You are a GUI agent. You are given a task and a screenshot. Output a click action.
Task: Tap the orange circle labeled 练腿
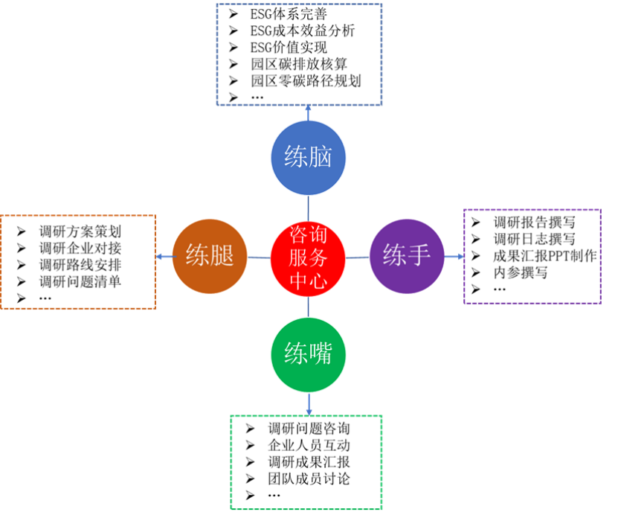point(210,257)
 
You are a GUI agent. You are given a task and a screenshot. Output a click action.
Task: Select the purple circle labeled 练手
point(406,255)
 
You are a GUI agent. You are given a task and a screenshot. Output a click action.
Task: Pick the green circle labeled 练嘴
point(307,354)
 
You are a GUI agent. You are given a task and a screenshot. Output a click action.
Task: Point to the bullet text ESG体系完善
point(288,13)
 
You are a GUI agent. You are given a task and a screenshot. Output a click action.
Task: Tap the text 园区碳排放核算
point(299,65)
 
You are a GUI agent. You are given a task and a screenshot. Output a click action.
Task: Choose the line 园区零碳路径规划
point(306,81)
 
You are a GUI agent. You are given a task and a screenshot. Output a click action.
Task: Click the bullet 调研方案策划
point(80,231)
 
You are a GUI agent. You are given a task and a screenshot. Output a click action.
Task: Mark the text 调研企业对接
point(80,248)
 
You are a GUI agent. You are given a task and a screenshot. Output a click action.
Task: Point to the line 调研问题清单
point(80,281)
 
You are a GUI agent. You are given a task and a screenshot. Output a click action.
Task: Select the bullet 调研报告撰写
point(534,222)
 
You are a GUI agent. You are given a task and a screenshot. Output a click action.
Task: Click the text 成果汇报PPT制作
point(545,255)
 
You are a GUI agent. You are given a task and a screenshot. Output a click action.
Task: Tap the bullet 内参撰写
point(521,272)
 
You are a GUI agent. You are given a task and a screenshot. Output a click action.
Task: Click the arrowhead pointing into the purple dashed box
point(459,257)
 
